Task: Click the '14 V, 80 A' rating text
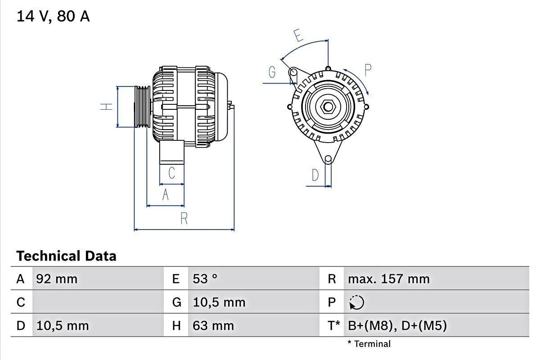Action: coord(53,16)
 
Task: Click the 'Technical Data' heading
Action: coord(66,256)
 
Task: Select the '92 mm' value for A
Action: coord(57,279)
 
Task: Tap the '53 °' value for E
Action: coord(205,279)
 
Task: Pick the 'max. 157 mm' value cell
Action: coord(388,279)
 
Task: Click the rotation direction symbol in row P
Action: coord(356,302)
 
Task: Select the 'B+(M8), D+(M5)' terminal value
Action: coord(397,326)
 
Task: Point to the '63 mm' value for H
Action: coord(213,326)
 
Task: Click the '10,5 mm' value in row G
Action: coord(219,302)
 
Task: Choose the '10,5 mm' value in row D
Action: coord(62,326)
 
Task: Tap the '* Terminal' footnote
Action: coord(369,344)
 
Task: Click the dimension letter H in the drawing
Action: coord(106,107)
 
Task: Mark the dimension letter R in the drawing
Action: coord(184,219)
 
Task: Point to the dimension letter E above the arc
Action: coord(297,35)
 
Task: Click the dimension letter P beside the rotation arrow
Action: coord(368,70)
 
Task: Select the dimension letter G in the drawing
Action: coord(272,72)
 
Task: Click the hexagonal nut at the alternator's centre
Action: coord(328,107)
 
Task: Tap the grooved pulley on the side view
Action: coord(142,107)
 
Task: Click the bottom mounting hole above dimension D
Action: coord(328,159)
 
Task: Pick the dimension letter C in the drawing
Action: coord(171,173)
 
